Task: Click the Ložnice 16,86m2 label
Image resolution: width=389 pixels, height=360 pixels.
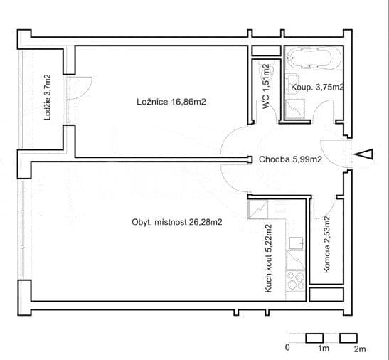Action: point(171,102)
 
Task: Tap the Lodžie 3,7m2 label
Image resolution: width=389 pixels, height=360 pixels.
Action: point(48,97)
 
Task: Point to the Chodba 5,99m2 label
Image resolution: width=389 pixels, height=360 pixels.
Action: point(291,160)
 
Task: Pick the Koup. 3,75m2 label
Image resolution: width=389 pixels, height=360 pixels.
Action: point(318,88)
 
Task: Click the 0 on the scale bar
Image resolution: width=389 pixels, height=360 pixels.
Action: point(287,349)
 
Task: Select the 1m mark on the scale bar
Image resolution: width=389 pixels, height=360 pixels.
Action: point(323,349)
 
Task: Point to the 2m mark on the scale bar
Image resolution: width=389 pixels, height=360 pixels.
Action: point(360,349)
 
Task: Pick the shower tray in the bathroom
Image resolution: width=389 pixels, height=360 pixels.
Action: point(294,108)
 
